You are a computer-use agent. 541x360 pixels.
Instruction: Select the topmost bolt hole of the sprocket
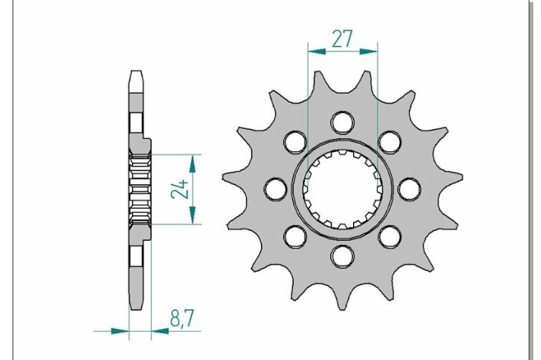(342, 122)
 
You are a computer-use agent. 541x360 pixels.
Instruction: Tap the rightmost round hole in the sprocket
(408, 187)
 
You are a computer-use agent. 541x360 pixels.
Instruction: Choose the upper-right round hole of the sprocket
(389, 141)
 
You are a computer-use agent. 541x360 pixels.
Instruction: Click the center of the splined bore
(342, 187)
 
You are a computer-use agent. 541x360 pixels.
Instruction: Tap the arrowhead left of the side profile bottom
(119, 332)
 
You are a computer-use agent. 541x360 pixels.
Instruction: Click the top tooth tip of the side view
(136, 74)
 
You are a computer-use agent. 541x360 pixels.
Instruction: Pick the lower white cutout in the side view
(136, 256)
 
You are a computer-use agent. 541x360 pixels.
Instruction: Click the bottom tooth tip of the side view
(136, 304)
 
